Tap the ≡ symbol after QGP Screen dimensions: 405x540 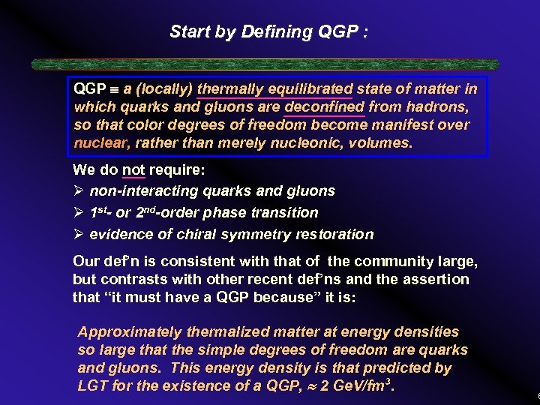pos(114,89)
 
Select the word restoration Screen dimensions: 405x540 pos(336,234)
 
